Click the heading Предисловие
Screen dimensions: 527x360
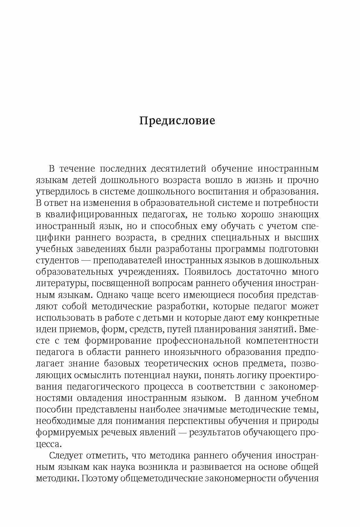click(177, 121)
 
